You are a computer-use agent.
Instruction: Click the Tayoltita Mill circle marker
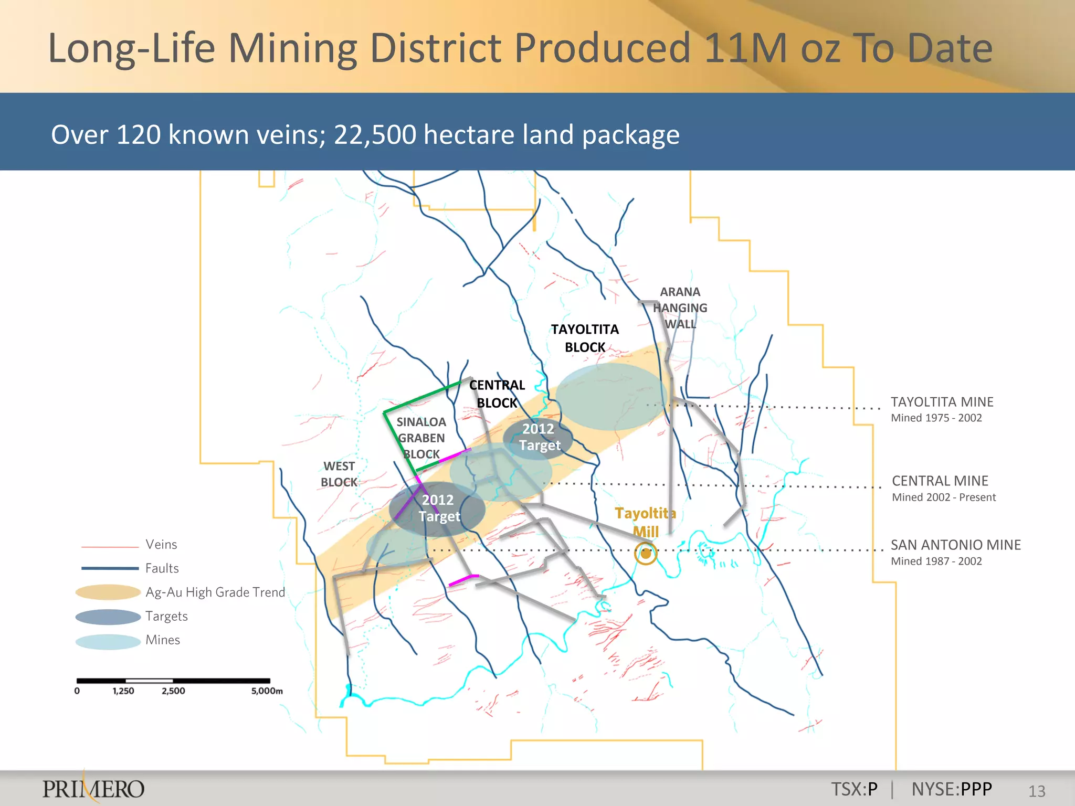646,553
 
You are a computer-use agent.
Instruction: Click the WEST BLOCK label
339,474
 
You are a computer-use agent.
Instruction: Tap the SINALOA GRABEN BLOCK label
421,438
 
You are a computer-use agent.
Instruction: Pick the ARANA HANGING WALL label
680,307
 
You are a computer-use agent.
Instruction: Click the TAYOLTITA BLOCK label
585,338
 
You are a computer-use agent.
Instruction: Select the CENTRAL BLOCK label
497,394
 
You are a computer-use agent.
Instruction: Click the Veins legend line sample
109,547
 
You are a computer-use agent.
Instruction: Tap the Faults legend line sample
109,568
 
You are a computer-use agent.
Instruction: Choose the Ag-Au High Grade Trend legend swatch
108,592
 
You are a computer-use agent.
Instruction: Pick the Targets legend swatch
108,617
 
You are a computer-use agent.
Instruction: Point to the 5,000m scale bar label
267,691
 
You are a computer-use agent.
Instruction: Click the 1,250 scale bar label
123,691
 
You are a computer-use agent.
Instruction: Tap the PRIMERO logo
93,789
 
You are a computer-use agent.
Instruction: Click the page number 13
1037,791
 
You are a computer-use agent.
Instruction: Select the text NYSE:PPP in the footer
952,789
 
